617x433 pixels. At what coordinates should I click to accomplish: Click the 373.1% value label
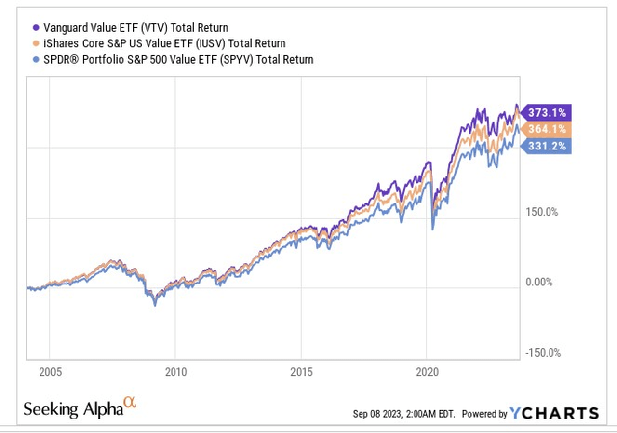[547, 111]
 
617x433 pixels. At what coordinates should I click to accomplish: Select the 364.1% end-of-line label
[547, 129]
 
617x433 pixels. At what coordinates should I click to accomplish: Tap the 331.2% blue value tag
[547, 146]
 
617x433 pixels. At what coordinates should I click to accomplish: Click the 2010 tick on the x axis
[174, 371]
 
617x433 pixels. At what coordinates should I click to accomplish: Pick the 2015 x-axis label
[303, 371]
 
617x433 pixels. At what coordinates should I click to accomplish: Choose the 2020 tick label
[428, 371]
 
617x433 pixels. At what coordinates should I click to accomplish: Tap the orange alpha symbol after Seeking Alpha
[130, 405]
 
